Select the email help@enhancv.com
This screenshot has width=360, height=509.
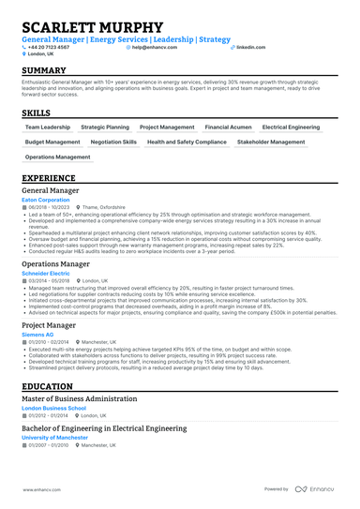156,46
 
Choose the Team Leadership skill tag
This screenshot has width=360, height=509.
47,126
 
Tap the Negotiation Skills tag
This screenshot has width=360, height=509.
113,142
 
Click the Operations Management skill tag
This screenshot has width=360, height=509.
58,157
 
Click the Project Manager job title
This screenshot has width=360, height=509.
49,325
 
